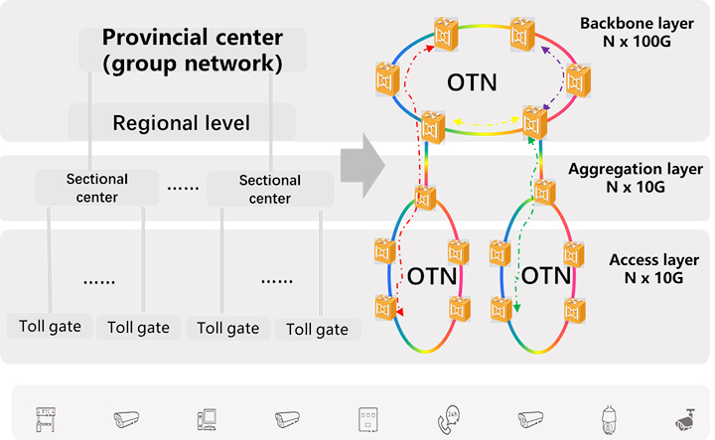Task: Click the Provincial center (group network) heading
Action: [x=192, y=52]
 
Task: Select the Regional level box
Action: [x=181, y=123]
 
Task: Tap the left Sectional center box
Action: [x=97, y=188]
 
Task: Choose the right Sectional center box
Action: [x=270, y=189]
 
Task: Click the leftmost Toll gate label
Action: [x=50, y=325]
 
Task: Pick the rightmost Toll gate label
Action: [x=317, y=329]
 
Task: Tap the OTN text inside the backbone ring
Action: [x=473, y=80]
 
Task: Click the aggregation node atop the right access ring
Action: [x=543, y=191]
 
